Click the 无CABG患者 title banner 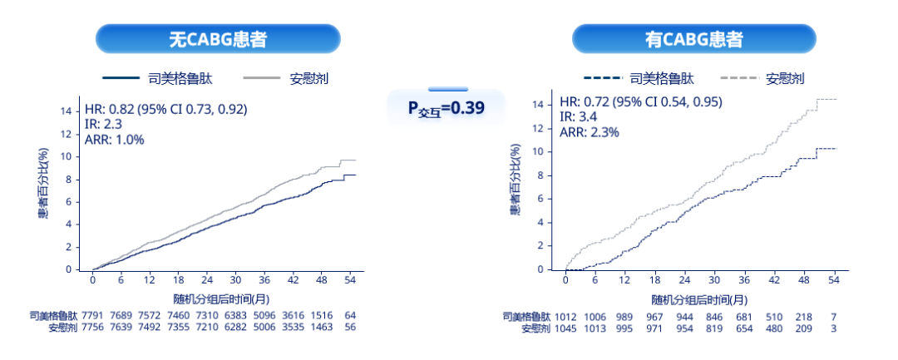(218, 39)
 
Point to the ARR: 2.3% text (589, 131)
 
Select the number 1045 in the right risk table (566, 329)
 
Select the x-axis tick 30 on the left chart (236, 279)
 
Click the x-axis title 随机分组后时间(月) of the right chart (698, 299)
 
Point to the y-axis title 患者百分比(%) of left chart (43, 184)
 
